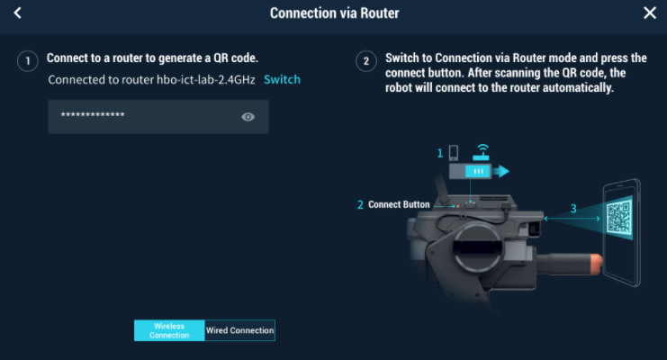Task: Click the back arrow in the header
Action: [x=17, y=13]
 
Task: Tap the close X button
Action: [x=650, y=13]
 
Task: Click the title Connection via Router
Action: [x=334, y=13]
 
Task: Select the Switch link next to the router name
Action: [x=282, y=79]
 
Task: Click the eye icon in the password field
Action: [x=248, y=117]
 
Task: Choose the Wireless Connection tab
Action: [x=170, y=330]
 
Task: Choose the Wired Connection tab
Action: [x=239, y=330]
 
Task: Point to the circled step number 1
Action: [x=28, y=61]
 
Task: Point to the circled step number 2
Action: [x=366, y=61]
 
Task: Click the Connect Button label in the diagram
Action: [x=399, y=204]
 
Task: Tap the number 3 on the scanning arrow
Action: [x=573, y=209]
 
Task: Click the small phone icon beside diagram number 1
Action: [x=454, y=152]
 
